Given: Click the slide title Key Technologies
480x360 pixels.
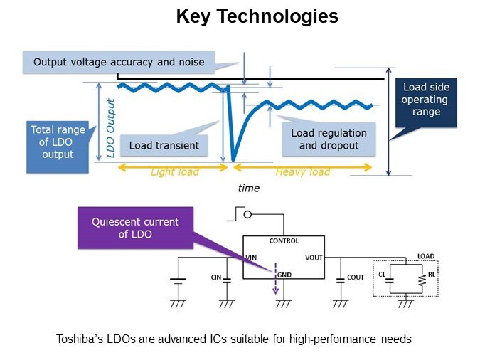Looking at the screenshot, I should pos(257,16).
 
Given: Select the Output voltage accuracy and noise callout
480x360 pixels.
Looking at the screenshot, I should pos(118,62).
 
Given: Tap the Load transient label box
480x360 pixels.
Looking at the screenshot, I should pos(164,146).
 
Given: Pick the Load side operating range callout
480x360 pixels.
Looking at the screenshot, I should pos(426,100).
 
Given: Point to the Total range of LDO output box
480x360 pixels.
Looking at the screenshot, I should pos(58,142).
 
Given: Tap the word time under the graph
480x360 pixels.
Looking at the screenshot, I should pos(249,188).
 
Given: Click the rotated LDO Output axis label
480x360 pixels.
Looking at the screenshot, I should pos(111,121).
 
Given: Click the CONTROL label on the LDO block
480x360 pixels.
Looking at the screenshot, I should pos(284,240).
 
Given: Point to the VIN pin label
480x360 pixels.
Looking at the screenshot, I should pos(250,257).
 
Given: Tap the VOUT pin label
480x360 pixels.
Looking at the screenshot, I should pos(314,257).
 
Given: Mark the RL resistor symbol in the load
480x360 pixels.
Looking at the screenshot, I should pos(422,279).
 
